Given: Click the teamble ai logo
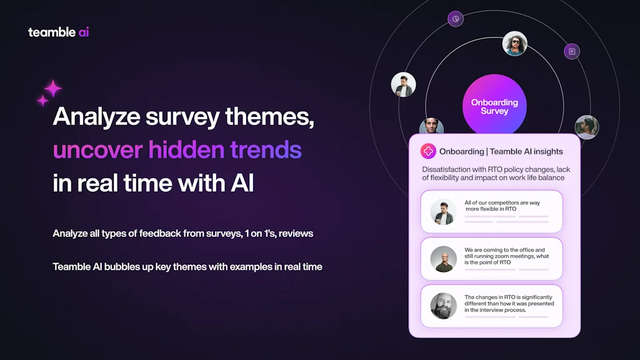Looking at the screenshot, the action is pyautogui.click(x=58, y=32).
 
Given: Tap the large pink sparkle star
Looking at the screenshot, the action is pyautogui.click(x=53, y=89).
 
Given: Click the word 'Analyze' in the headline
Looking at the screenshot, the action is pyautogui.click(x=97, y=117).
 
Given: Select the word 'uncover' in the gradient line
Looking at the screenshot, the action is pyautogui.click(x=97, y=150).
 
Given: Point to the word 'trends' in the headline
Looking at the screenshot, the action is pyautogui.click(x=266, y=149).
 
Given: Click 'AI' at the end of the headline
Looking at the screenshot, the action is pyautogui.click(x=242, y=183).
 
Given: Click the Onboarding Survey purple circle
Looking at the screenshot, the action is pyautogui.click(x=494, y=105).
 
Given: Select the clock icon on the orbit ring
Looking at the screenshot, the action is pyautogui.click(x=456, y=19).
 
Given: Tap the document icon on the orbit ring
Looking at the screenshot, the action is pyautogui.click(x=572, y=51).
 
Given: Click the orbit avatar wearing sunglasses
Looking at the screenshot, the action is pyautogui.click(x=515, y=43).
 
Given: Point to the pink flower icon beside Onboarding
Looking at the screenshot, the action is pyautogui.click(x=428, y=151).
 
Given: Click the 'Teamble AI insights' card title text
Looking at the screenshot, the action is pyautogui.click(x=526, y=151).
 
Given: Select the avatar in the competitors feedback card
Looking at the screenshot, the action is pyautogui.click(x=443, y=212).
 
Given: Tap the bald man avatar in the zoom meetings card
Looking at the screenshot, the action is pyautogui.click(x=443, y=259).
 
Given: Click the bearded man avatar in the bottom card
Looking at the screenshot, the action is pyautogui.click(x=443, y=306).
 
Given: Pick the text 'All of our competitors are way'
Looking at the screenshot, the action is pyautogui.click(x=502, y=202).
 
